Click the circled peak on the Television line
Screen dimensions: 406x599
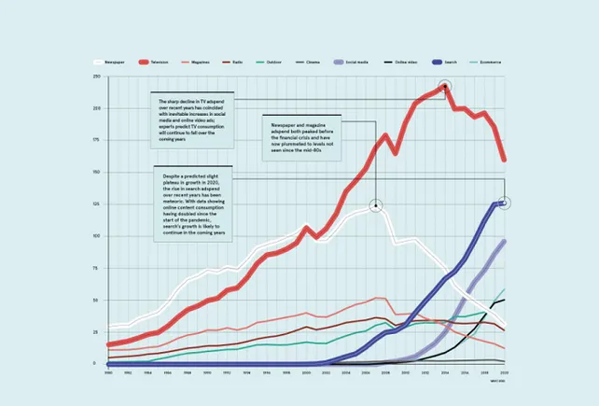(446, 86)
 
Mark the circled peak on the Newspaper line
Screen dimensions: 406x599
(376, 206)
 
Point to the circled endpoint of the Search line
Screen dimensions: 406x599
(505, 202)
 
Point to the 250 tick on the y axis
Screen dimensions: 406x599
(97, 77)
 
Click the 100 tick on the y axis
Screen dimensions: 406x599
(97, 236)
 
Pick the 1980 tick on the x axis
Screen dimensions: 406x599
(108, 371)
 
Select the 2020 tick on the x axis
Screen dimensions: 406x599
(505, 371)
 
